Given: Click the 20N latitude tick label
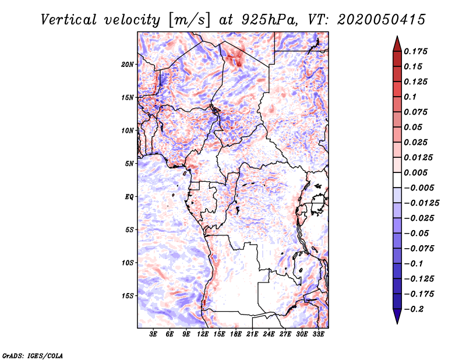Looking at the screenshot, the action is (127, 64).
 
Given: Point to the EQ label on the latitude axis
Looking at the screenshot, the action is (129, 197).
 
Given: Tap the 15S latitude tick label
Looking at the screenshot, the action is (128, 296).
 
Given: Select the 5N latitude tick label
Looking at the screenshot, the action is (129, 164).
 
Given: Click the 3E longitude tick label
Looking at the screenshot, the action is (153, 334).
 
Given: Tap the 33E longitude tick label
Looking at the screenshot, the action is (318, 334).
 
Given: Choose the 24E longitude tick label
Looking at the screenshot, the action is (269, 334).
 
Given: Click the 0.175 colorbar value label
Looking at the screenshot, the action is (415, 51).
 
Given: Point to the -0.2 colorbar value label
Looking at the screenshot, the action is (414, 309).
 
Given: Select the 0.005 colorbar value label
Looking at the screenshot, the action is (415, 172).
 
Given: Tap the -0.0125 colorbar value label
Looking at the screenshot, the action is (422, 203).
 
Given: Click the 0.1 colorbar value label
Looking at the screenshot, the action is (410, 97).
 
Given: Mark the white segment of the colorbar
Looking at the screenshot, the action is (397, 180).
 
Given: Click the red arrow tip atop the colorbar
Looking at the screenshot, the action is (397, 37).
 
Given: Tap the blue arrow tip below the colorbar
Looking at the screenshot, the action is (397, 323).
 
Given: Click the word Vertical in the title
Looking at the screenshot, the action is (69, 20).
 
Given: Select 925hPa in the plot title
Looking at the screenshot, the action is (270, 20).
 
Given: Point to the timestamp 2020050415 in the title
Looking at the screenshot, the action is (382, 20).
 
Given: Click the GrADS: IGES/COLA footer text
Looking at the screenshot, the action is (33, 355).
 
